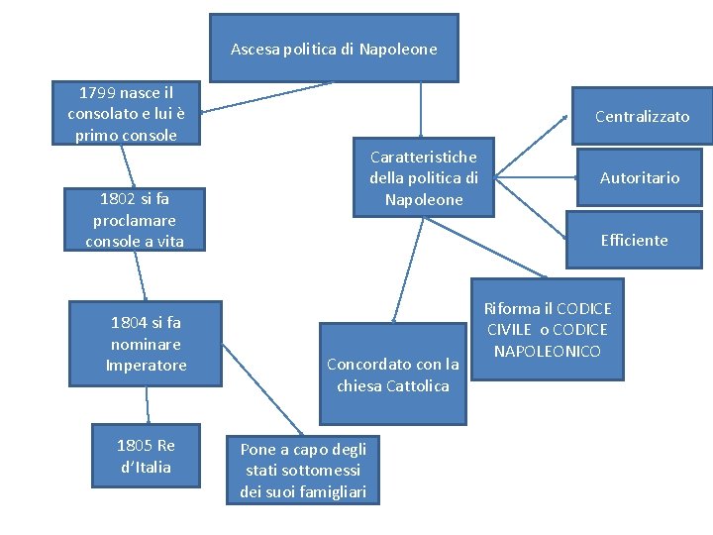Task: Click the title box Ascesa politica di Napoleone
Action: pyautogui.click(x=335, y=48)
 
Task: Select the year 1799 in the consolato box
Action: pyautogui.click(x=97, y=93)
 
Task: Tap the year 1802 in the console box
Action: pyautogui.click(x=117, y=199)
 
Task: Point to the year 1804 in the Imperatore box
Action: pyautogui.click(x=129, y=323)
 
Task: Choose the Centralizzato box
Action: pyautogui.click(x=642, y=116)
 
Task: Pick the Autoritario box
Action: pyautogui.click(x=640, y=177)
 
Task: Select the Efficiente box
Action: pyautogui.click(x=635, y=240)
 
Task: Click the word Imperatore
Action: pyautogui.click(x=146, y=366)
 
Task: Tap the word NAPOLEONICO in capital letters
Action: pyautogui.click(x=548, y=351)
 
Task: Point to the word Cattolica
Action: pyautogui.click(x=418, y=386)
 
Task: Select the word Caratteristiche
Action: pyautogui.click(x=424, y=157)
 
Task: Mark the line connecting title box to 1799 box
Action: pyautogui.click(x=267, y=97)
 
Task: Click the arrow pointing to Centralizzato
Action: pyautogui.click(x=531, y=146)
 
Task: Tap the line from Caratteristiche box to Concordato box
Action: pyautogui.click(x=408, y=270)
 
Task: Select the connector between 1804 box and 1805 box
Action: pyautogui.click(x=148, y=405)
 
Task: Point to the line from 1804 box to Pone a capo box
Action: pyautogui.click(x=262, y=390)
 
